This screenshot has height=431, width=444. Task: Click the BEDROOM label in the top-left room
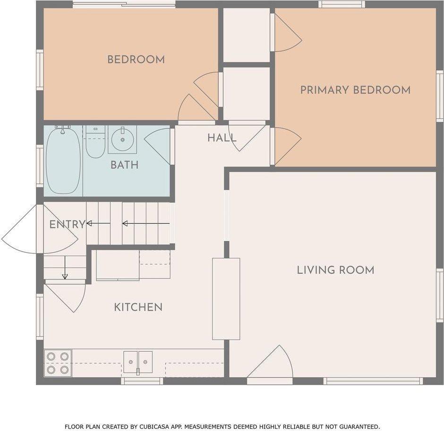[x=136, y=59]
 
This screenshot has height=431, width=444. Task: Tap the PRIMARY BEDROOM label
[x=355, y=90]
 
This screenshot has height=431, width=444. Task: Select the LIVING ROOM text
[x=335, y=270]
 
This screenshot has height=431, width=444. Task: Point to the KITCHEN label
[x=138, y=307]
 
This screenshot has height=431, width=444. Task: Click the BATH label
[x=124, y=165]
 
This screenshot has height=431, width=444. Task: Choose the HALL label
[x=222, y=138]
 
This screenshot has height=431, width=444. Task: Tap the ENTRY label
[x=67, y=225]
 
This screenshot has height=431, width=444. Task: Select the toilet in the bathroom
[x=95, y=142]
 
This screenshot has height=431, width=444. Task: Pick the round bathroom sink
[x=122, y=139]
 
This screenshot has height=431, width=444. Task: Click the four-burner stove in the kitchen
[x=58, y=363]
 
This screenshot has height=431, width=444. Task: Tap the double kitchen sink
[x=138, y=362]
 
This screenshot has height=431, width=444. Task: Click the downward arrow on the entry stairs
[x=65, y=268]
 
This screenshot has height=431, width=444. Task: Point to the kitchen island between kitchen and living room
[x=226, y=299]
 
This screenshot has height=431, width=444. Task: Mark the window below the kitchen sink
[x=142, y=381]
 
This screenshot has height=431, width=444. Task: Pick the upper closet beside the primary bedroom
[x=247, y=35]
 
